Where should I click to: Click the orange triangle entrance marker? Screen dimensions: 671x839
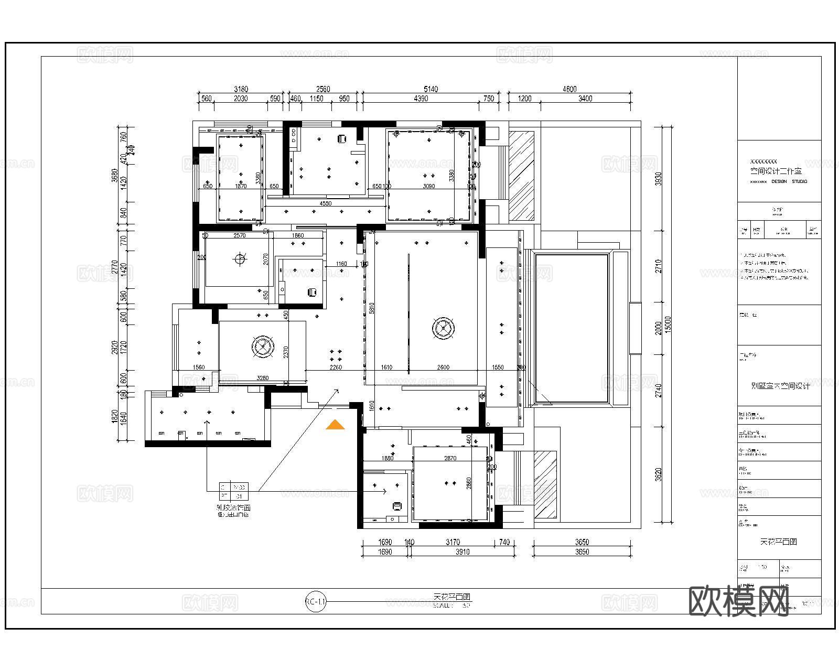coord(335,425)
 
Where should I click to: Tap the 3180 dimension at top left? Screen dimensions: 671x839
coord(241,89)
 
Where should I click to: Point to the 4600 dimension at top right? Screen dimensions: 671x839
coord(569,89)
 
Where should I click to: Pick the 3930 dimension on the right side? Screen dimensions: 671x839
coord(659,179)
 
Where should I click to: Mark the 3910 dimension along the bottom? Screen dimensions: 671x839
coord(462,551)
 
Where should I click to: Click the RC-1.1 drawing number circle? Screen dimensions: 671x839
coord(316,602)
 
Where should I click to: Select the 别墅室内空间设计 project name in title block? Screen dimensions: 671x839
coord(780,386)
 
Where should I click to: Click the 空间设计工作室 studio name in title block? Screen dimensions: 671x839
coord(776,171)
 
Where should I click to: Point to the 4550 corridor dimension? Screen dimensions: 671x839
coord(325,203)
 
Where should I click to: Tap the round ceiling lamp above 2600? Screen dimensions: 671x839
coord(444,329)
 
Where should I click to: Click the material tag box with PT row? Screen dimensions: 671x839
coord(233,491)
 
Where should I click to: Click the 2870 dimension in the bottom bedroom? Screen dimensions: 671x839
coord(450,458)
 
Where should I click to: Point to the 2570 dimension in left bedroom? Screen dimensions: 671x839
coord(239,236)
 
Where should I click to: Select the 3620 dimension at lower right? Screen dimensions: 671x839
coord(659,474)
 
